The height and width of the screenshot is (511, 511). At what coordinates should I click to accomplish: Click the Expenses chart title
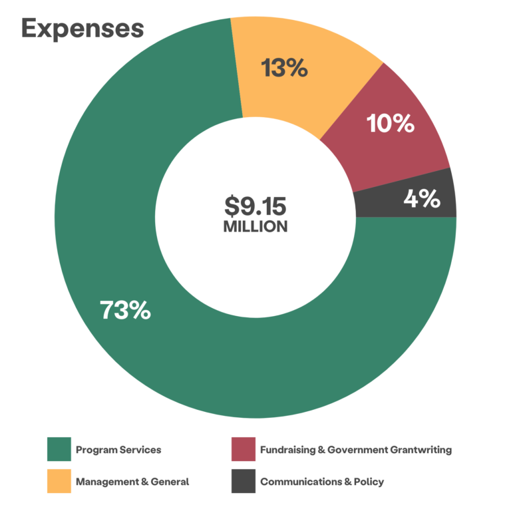(x=83, y=29)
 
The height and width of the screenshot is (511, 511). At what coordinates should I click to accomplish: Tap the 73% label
(x=125, y=310)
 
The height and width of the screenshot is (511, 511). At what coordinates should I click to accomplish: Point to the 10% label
(x=391, y=123)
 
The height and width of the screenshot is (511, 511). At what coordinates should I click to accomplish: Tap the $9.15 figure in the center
(x=255, y=204)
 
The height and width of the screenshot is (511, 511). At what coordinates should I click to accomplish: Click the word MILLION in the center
(x=255, y=227)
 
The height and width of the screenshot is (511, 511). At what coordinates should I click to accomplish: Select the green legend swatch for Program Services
(x=59, y=450)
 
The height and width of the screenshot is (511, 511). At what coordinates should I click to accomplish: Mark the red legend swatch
(x=243, y=450)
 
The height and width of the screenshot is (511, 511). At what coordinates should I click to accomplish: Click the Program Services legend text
(x=118, y=450)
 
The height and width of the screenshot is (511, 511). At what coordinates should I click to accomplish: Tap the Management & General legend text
(x=132, y=482)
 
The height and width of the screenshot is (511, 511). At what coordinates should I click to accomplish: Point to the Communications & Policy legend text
(x=322, y=482)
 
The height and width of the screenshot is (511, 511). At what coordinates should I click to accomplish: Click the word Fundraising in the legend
(x=287, y=450)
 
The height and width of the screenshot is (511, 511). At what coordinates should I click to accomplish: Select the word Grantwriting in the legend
(x=419, y=450)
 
